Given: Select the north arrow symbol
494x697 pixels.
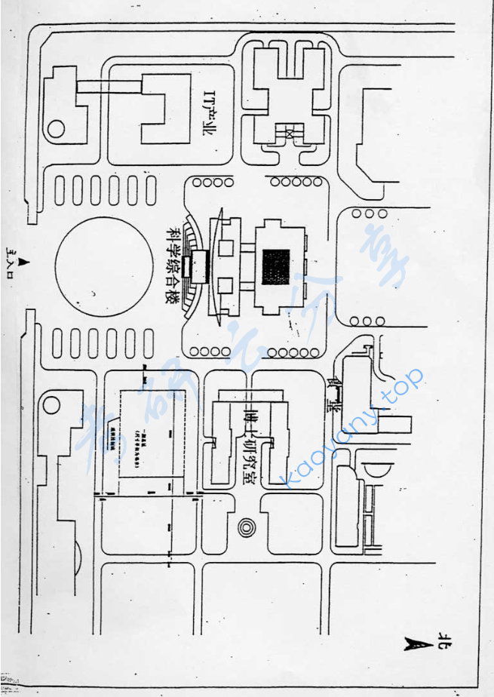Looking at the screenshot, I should click(413, 643).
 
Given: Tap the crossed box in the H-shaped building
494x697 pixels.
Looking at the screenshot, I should click(289, 133).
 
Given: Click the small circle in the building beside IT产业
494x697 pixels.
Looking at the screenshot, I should click(56, 129).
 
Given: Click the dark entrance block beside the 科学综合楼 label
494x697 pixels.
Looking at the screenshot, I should click(198, 265).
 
